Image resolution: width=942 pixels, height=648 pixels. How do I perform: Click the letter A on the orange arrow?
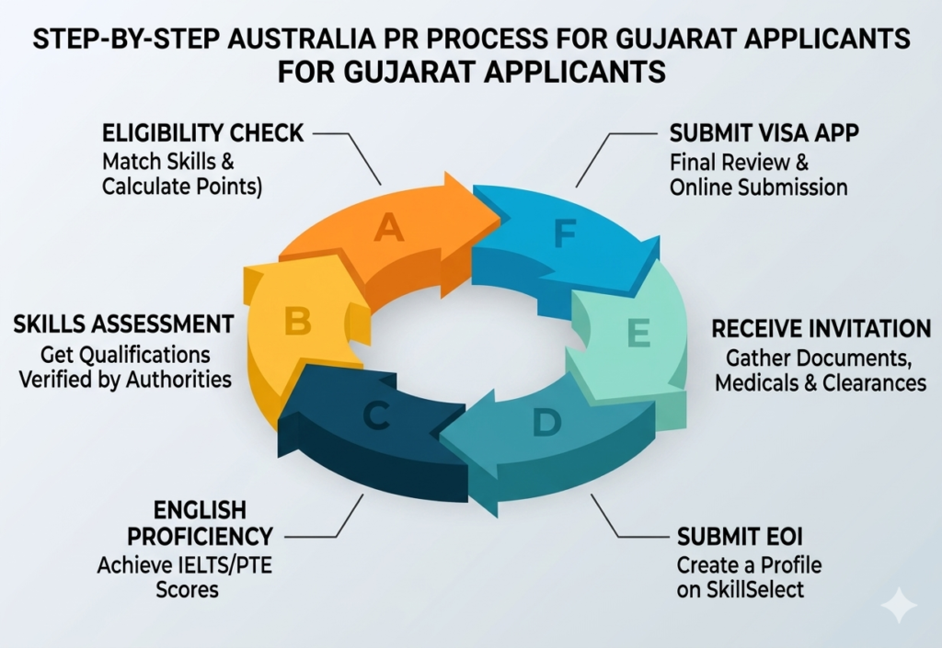[x=389, y=227]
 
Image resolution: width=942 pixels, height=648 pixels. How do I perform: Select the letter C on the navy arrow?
[x=374, y=416]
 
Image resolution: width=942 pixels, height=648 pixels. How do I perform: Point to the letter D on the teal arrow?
[x=546, y=422]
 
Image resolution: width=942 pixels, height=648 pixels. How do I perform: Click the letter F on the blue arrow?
[x=564, y=235]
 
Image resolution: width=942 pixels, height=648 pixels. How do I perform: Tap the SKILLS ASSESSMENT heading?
[x=123, y=324]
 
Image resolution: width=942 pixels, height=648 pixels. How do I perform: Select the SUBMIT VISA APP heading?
[x=765, y=133]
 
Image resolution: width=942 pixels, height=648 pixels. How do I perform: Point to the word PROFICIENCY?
[x=200, y=536]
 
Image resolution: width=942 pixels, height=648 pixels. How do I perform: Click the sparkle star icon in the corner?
[x=898, y=606]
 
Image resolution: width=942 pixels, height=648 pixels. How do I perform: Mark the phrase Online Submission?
[x=758, y=187]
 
